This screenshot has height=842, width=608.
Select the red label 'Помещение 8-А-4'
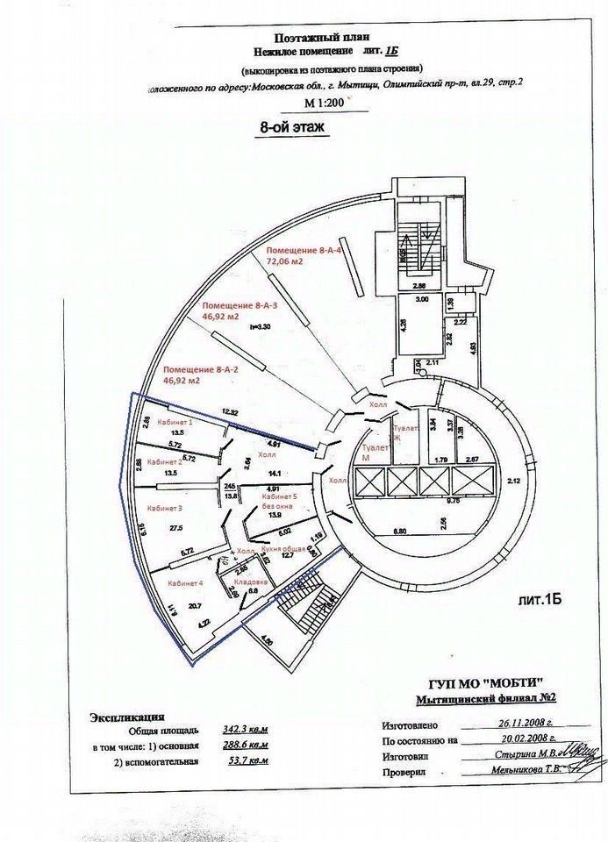[x=302, y=251]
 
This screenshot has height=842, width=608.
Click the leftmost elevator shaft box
[x=367, y=482]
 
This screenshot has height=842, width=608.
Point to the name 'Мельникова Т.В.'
[x=525, y=772]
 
